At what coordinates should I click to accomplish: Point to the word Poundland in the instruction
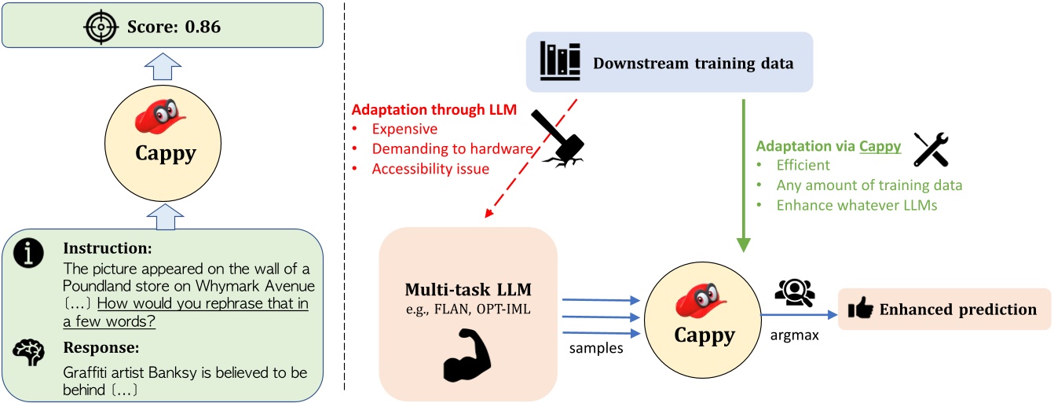click(x=100, y=284)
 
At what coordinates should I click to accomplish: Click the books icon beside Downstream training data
click(x=560, y=61)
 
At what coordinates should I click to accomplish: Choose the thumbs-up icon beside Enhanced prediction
click(x=858, y=310)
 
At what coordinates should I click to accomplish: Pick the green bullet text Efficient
click(x=802, y=167)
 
